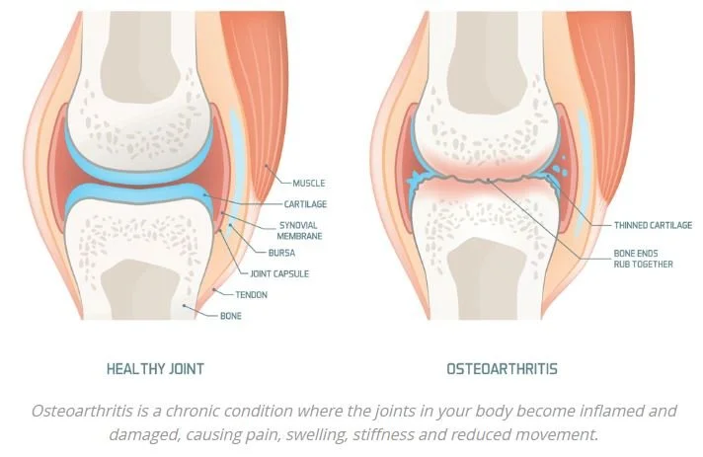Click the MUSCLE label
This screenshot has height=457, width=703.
pyautogui.click(x=308, y=183)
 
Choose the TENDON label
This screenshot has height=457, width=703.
pyautogui.click(x=252, y=294)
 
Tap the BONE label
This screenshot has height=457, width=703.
pyautogui.click(x=229, y=316)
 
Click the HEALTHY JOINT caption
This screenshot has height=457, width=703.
pyautogui.click(x=155, y=369)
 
